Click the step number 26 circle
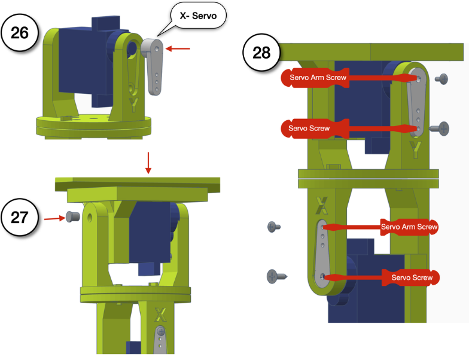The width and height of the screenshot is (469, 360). click(20, 32)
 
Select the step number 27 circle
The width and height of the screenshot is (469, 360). click(20, 217)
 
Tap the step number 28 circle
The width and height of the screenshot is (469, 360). click(262, 53)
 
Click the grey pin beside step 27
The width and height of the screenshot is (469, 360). click(72, 216)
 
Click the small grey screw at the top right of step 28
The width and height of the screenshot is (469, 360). click(442, 78)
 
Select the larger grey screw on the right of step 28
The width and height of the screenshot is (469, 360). click(443, 127)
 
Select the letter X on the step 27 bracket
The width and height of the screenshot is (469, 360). click(160, 314)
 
